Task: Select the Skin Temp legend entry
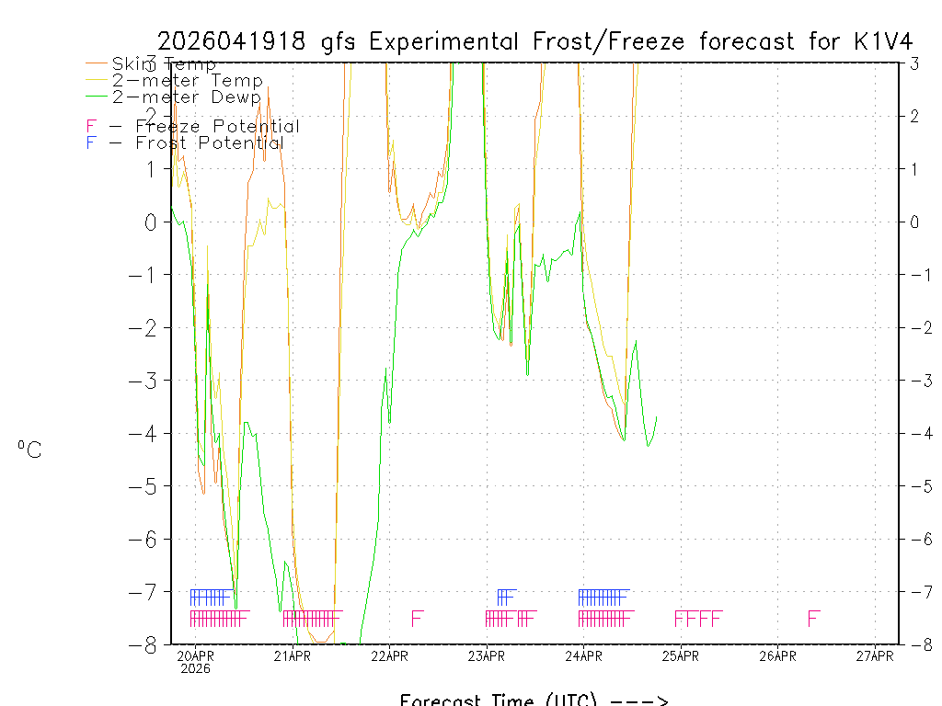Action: click(x=164, y=64)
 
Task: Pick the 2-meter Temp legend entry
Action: click(x=187, y=81)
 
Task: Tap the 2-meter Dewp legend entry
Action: click(x=186, y=97)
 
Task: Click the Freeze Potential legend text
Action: click(x=217, y=127)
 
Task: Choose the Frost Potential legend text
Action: click(x=210, y=143)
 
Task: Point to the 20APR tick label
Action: click(x=195, y=656)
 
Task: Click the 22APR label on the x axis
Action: click(x=389, y=656)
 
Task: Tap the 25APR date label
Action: click(x=680, y=656)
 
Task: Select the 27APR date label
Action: click(x=875, y=656)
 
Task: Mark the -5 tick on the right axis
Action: click(x=914, y=486)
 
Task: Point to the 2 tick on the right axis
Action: click(x=914, y=117)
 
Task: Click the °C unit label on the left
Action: click(x=29, y=450)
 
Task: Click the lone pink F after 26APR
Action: click(x=813, y=619)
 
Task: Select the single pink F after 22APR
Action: click(x=417, y=619)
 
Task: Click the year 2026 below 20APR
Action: click(x=195, y=669)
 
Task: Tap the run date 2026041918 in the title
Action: click(x=236, y=41)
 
